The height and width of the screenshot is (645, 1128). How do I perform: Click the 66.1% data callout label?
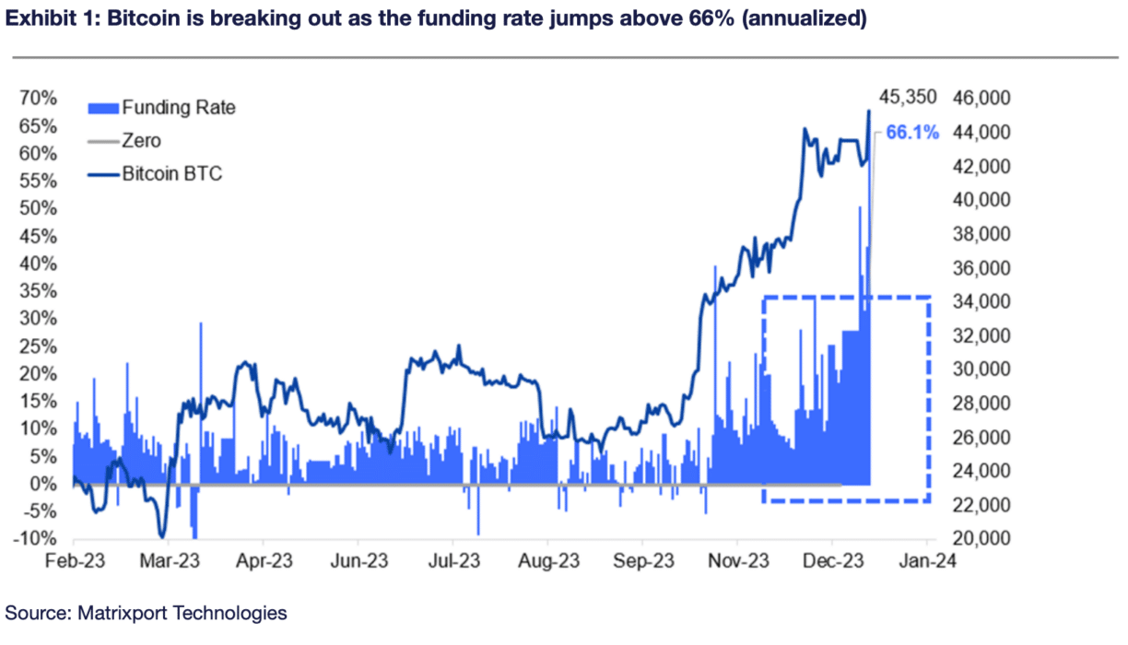pyautogui.click(x=912, y=133)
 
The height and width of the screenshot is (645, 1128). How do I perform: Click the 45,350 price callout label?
pyautogui.click(x=908, y=97)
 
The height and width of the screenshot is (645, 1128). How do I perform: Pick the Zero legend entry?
pyautogui.click(x=141, y=141)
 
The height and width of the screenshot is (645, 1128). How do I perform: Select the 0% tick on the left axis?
pyautogui.click(x=43, y=484)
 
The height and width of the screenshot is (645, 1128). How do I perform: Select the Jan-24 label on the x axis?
pyautogui.click(x=927, y=561)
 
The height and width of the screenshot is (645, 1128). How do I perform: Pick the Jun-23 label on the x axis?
pyautogui.click(x=359, y=561)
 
